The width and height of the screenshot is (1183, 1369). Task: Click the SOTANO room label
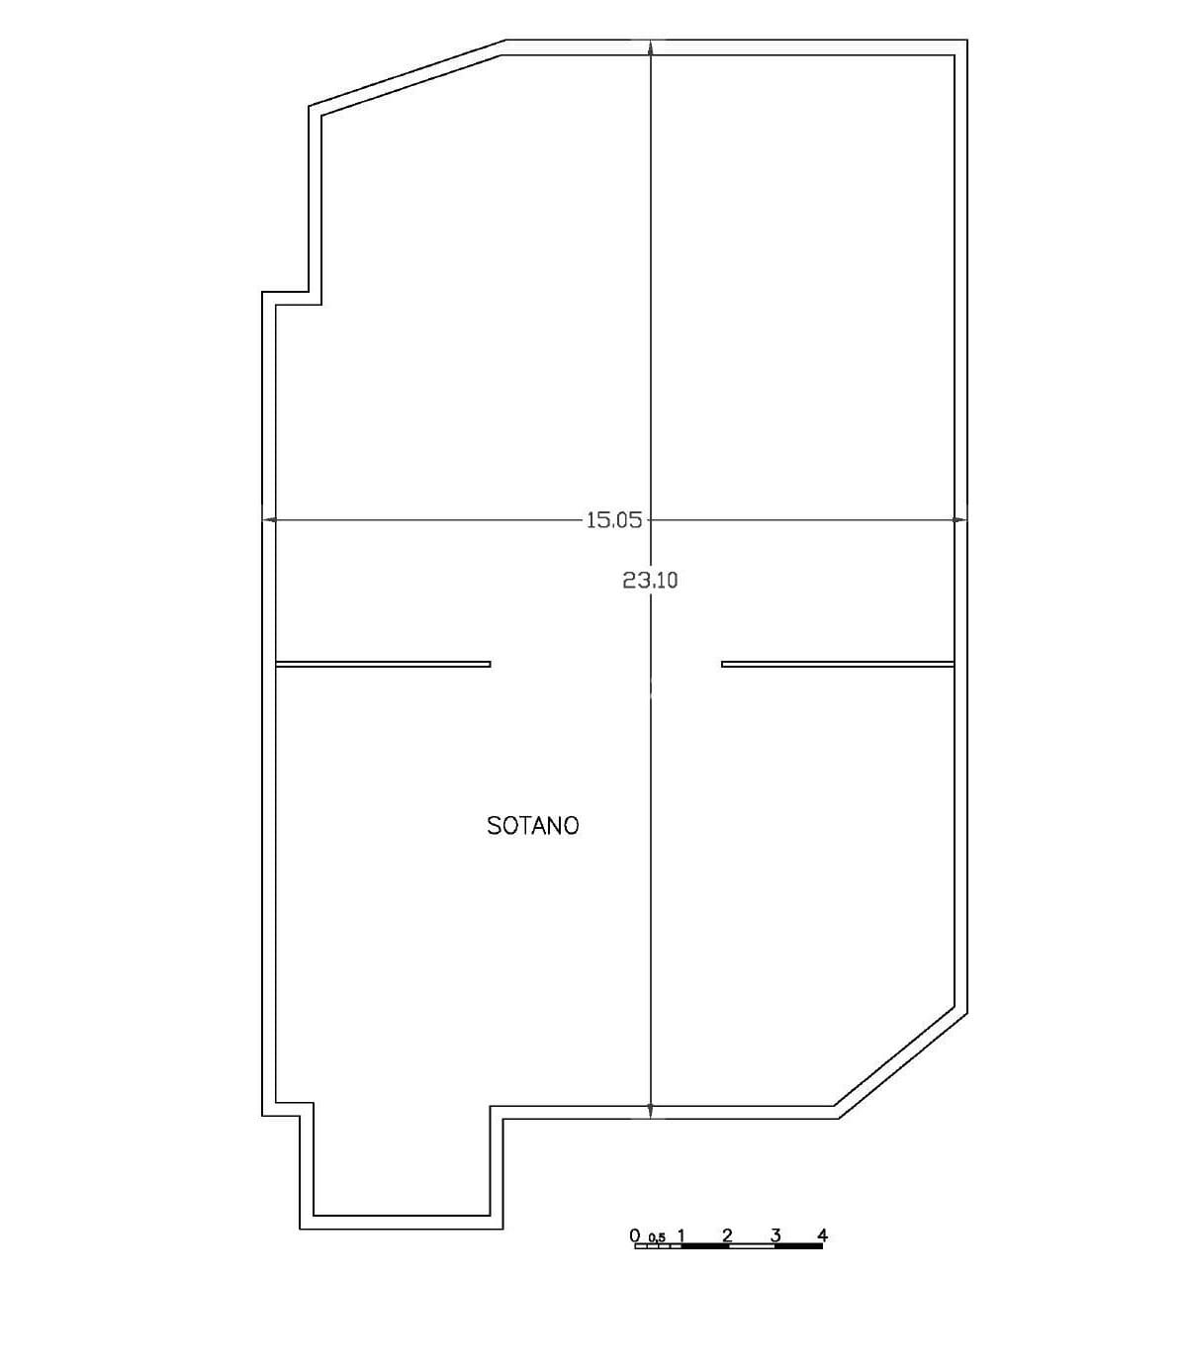[532, 825]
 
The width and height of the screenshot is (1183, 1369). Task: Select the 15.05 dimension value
[614, 520]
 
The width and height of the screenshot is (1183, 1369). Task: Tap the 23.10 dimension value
[650, 581]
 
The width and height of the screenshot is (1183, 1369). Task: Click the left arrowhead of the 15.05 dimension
[269, 520]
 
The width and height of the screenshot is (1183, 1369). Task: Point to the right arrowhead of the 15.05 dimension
[960, 520]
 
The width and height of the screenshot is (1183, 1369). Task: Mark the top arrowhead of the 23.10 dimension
[651, 47]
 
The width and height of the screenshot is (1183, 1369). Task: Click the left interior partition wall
[383, 664]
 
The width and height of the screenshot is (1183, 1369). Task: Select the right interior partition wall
[837, 664]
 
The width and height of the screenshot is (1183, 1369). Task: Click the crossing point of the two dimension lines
[651, 520]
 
